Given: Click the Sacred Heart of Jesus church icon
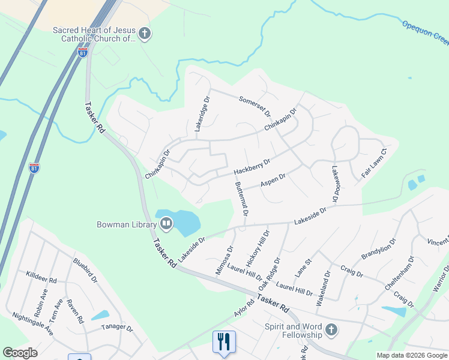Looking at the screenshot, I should [x=145, y=34].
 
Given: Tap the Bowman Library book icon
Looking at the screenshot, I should [x=166, y=225].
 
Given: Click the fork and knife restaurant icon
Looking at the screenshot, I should [x=224, y=341].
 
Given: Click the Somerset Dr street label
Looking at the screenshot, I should [x=255, y=106].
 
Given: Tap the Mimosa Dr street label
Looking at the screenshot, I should [x=224, y=260].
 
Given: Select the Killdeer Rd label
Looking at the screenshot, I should [x=41, y=277].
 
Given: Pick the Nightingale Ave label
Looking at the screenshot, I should [x=32, y=324].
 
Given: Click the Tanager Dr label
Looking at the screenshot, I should [x=116, y=328].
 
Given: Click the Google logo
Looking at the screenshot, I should [x=20, y=353].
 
